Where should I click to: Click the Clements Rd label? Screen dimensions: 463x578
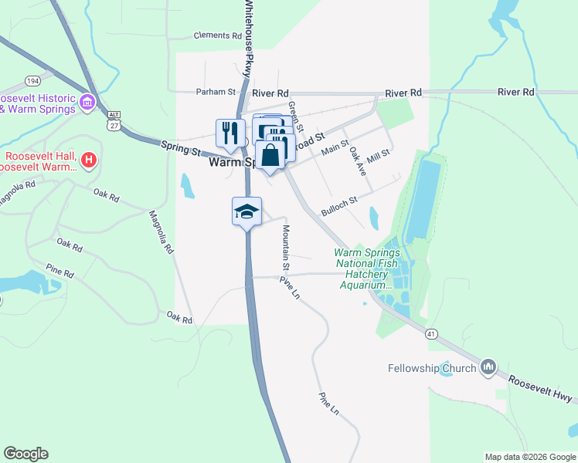pyautogui.click(x=218, y=35)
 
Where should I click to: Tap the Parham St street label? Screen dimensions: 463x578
pyautogui.click(x=215, y=91)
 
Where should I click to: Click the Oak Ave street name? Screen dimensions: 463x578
pyautogui.click(x=356, y=161)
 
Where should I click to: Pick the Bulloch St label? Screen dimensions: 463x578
pyautogui.click(x=339, y=205)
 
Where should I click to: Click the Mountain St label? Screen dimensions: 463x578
pyautogui.click(x=285, y=248)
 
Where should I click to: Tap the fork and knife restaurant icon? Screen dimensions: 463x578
pyautogui.click(x=230, y=133)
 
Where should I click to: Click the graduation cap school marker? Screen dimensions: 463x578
pyautogui.click(x=247, y=212)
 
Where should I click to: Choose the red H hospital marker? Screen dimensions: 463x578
pyautogui.click(x=90, y=161)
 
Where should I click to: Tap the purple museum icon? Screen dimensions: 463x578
pyautogui.click(x=87, y=102)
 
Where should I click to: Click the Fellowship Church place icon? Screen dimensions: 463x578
pyautogui.click(x=488, y=368)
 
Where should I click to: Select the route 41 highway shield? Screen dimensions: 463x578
pyautogui.click(x=431, y=333)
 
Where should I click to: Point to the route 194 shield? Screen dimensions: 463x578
pyautogui.click(x=32, y=80)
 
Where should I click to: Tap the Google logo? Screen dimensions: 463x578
pyautogui.click(x=26, y=454)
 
